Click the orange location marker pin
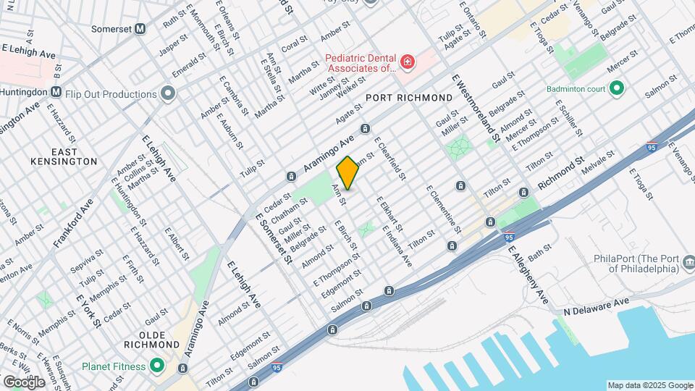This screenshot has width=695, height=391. pos(347,173)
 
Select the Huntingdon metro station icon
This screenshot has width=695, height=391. pos(56,92)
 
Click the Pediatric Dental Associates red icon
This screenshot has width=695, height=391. pos(408,62)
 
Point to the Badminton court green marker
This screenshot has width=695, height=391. pos(617,89)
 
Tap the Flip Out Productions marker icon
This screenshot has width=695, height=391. pos(168,93)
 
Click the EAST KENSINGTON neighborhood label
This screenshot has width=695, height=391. pos(64,156)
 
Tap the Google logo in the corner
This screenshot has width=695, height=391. pos(23,382)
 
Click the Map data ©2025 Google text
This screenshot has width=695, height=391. pos(649,385)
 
